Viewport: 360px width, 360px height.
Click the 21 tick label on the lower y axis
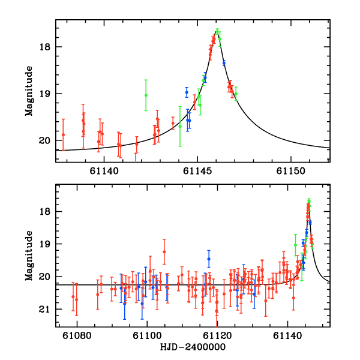(47, 310)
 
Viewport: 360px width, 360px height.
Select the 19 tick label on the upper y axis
(47, 94)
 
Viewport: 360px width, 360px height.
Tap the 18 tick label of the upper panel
(47, 47)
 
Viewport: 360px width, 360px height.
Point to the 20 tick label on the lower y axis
(47, 277)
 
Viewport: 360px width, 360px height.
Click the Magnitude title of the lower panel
(29, 256)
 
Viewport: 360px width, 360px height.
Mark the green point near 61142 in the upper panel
(146, 95)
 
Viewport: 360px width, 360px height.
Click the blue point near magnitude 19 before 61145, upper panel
(187, 92)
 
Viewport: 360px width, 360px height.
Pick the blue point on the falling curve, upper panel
(224, 62)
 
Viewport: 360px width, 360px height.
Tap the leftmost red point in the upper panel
(63, 134)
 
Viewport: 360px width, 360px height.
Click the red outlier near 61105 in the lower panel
(164, 252)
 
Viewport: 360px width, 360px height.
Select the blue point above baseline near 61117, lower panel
(209, 259)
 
